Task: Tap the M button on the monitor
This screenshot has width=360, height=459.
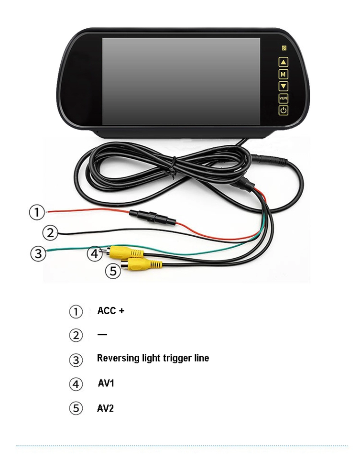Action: pyautogui.click(x=284, y=74)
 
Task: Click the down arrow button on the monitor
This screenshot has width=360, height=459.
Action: pyautogui.click(x=284, y=86)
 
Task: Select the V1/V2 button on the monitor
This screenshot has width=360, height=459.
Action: pyautogui.click(x=284, y=98)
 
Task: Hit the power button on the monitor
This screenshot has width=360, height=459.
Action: pyautogui.click(x=284, y=110)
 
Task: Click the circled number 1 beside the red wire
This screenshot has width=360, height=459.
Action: pyautogui.click(x=37, y=212)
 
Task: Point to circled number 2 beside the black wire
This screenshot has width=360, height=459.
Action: pyautogui.click(x=50, y=233)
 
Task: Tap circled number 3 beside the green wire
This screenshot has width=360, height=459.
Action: pyautogui.click(x=38, y=253)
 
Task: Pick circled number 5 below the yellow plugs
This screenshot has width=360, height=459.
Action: pyautogui.click(x=112, y=271)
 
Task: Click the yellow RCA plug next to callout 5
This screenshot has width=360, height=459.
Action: pyautogui.click(x=143, y=264)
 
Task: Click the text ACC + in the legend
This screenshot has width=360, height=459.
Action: pyautogui.click(x=111, y=311)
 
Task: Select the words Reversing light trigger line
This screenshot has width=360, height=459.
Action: pyautogui.click(x=153, y=358)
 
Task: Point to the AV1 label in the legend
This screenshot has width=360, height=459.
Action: pyautogui.click(x=106, y=383)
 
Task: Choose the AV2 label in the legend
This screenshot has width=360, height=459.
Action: pyautogui.click(x=106, y=408)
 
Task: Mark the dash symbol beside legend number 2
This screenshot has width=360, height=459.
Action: pyautogui.click(x=102, y=334)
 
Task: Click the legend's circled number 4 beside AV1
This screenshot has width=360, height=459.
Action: pyautogui.click(x=76, y=384)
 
